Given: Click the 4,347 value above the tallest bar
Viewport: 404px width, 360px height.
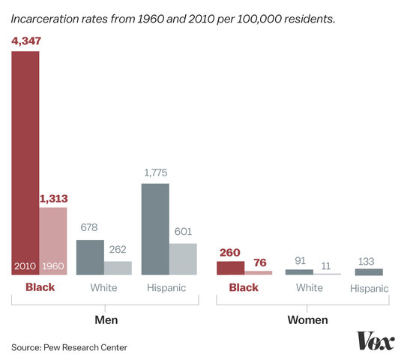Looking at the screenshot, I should click(x=25, y=42).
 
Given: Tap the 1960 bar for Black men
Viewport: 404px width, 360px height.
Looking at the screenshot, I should click(x=52, y=240).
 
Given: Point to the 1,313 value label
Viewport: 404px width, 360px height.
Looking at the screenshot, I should click(x=52, y=199).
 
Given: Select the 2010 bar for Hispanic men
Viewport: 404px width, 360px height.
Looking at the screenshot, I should click(x=155, y=229).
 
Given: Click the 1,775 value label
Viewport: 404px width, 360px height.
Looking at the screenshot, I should click(x=155, y=174).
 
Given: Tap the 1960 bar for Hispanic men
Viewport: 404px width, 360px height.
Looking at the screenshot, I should click(x=183, y=259).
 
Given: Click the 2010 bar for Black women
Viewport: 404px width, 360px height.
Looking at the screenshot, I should click(x=230, y=268).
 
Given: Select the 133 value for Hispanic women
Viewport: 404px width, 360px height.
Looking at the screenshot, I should click(x=368, y=260).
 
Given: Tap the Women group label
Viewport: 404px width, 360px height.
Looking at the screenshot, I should click(x=307, y=320).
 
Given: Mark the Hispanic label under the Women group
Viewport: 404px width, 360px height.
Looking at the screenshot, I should click(x=368, y=288).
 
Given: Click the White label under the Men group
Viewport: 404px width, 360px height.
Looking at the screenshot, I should click(x=103, y=287).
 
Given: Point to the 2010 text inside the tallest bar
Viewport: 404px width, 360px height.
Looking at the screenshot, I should click(x=25, y=266).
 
